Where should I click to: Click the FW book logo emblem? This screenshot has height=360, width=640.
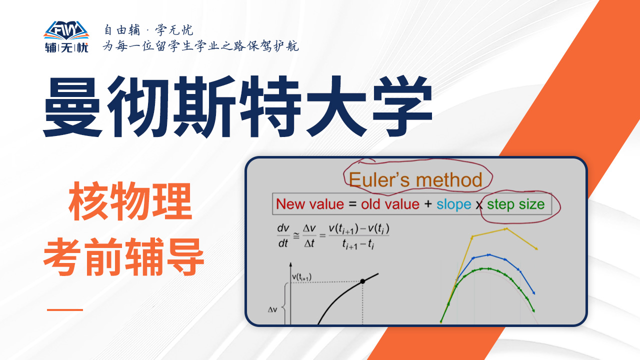click(x=66, y=30)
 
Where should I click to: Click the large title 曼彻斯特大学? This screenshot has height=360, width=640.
click(x=237, y=107)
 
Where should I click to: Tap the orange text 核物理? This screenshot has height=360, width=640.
click(x=130, y=201)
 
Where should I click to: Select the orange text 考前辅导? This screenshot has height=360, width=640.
click(x=123, y=257)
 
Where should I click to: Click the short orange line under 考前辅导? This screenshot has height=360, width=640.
click(x=65, y=309)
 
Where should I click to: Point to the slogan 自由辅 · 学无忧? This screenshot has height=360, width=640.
click(x=148, y=30)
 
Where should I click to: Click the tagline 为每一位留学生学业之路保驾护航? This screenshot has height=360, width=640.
click(x=201, y=45)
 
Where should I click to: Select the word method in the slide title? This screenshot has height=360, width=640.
click(x=449, y=180)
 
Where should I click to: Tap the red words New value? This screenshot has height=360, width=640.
click(x=310, y=204)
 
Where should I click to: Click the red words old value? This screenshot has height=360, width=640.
click(x=390, y=204)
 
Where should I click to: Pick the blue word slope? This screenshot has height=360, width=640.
click(x=453, y=204)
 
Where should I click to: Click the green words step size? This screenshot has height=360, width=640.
click(x=515, y=204)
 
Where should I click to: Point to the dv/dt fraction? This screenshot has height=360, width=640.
click(x=283, y=235)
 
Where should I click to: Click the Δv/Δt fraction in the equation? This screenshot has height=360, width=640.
click(x=309, y=235)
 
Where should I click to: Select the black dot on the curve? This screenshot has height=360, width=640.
click(x=362, y=281)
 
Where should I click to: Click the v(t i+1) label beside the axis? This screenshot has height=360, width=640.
click(x=301, y=277)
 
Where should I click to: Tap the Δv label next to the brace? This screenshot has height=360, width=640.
click(x=272, y=309)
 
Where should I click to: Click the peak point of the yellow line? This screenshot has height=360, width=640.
click(x=506, y=229)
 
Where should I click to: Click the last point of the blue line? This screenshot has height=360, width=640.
click(x=533, y=293)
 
